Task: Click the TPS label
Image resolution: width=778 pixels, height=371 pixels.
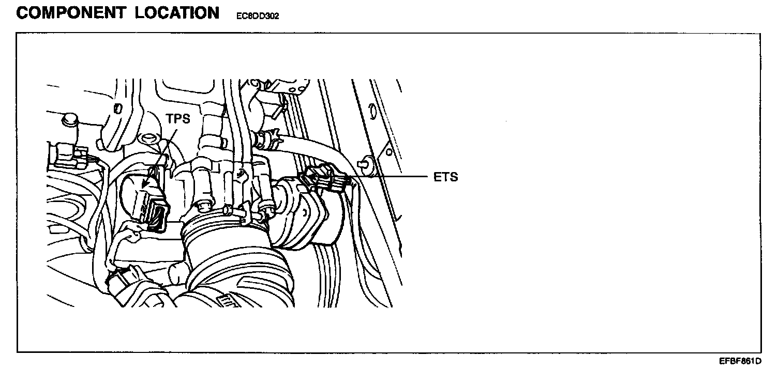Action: [x=178, y=119]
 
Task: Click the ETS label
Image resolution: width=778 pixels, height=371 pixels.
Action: [x=445, y=177]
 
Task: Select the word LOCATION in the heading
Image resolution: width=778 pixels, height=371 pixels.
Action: [x=177, y=13]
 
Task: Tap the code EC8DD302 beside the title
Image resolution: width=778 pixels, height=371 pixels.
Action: [x=258, y=16]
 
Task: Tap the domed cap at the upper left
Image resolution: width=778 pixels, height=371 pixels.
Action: [x=68, y=120]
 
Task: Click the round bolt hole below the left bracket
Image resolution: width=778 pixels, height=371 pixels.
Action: [x=149, y=138]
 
